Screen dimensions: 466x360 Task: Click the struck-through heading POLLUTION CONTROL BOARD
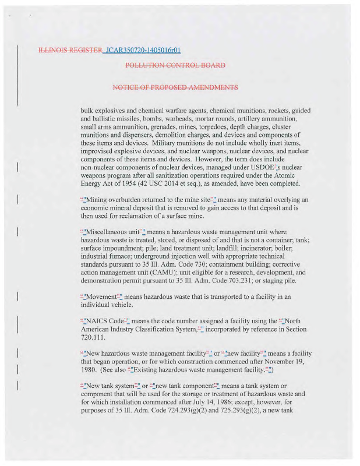coord(175,65)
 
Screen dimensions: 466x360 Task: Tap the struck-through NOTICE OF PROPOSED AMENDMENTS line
coord(175,87)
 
